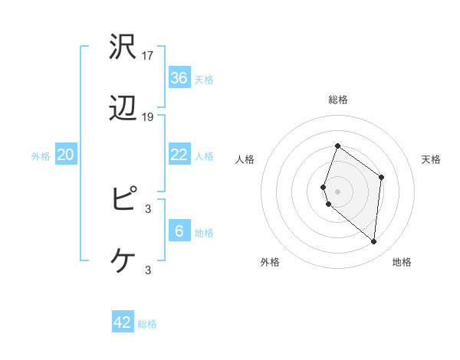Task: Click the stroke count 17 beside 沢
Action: [x=149, y=56]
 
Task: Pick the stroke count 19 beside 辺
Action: [x=149, y=117]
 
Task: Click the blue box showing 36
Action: [x=179, y=77]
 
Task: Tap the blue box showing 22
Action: [x=179, y=155]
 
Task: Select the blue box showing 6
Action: [x=179, y=231]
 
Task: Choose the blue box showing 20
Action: [x=65, y=155]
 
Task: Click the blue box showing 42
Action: [x=123, y=322]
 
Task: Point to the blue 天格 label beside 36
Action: [x=204, y=79]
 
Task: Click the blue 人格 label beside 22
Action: [x=204, y=156]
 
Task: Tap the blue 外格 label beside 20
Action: [x=41, y=156]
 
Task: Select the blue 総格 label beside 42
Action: [x=147, y=324]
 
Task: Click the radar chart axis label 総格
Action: [x=337, y=100]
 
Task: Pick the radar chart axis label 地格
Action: [x=402, y=262]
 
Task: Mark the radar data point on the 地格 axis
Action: [x=374, y=242]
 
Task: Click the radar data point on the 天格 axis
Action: [x=381, y=177]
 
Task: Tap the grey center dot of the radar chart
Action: [x=337, y=191]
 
